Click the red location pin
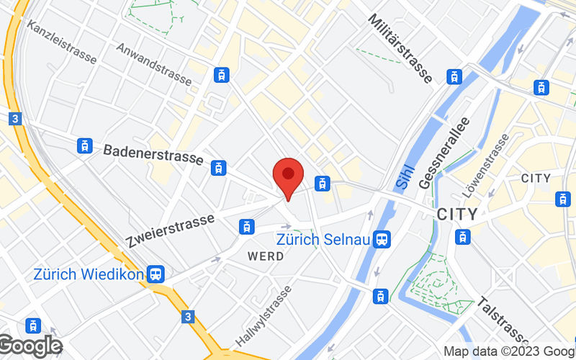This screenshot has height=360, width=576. [x=288, y=176]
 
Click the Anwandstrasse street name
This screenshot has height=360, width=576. [x=153, y=65]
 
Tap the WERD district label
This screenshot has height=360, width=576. [x=266, y=256]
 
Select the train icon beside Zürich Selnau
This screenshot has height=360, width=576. [x=382, y=238]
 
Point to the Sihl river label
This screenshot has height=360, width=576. [x=405, y=176]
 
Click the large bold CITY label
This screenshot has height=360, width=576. [x=456, y=215]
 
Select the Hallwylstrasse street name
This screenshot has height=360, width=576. [x=264, y=315]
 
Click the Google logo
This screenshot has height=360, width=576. [x=30, y=346]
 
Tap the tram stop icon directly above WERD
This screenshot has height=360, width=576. [x=246, y=227]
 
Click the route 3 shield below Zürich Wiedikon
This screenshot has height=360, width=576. [x=188, y=316]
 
